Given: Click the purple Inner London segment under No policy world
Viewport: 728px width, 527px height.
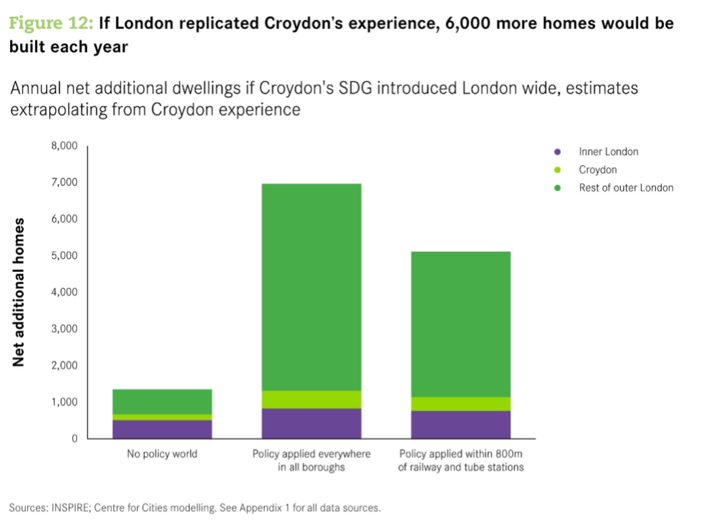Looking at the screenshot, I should pyautogui.click(x=162, y=429).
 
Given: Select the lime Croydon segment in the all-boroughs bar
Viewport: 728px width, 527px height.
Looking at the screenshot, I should pyautogui.click(x=311, y=399).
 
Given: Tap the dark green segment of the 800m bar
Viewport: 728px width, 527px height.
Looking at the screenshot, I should pyautogui.click(x=461, y=324).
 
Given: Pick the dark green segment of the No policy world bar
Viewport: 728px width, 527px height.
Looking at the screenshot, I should pyautogui.click(x=162, y=401).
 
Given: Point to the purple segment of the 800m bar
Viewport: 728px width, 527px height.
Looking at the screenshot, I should pyautogui.click(x=461, y=424).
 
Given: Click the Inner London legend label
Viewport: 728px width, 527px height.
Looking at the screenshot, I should pyautogui.click(x=608, y=152).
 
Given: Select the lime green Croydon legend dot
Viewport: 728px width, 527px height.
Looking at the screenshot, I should pyautogui.click(x=557, y=170).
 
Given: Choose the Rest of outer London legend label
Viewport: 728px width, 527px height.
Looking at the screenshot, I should pyautogui.click(x=625, y=188).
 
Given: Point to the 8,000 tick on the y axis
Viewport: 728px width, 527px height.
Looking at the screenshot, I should pyautogui.click(x=64, y=146).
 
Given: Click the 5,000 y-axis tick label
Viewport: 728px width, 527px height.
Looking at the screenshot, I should pyautogui.click(x=64, y=256).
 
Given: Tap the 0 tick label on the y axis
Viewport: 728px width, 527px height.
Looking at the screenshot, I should pyautogui.click(x=74, y=439).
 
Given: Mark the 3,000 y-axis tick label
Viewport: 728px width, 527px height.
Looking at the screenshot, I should pyautogui.click(x=64, y=329).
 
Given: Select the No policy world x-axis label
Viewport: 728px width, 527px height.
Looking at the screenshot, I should pyautogui.click(x=162, y=453).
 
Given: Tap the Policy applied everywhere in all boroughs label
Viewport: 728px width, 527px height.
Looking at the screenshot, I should pyautogui.click(x=311, y=460).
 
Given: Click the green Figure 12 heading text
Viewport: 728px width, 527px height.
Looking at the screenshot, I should pyautogui.click(x=51, y=24).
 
